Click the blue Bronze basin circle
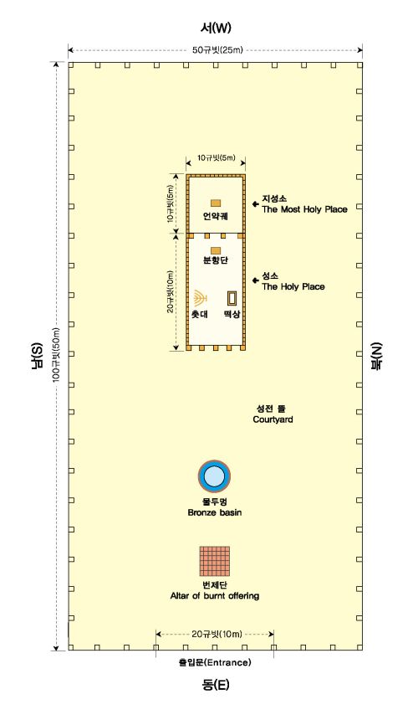pos(215,476)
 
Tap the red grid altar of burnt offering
pos(215,561)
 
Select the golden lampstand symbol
pos(199,299)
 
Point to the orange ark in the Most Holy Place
pos(216,203)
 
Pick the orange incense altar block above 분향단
pos(216,250)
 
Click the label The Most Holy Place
pos(304,209)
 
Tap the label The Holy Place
pos(293,286)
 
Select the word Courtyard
pos(273,419)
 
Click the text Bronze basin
pos(215,512)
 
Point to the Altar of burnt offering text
pos(215,595)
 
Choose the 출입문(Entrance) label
pos(215,662)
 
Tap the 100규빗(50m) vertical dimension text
pos(56,354)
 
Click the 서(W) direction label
pos(216,28)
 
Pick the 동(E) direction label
pos(216,685)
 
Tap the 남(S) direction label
pos(38,354)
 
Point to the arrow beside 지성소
pos(255,204)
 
